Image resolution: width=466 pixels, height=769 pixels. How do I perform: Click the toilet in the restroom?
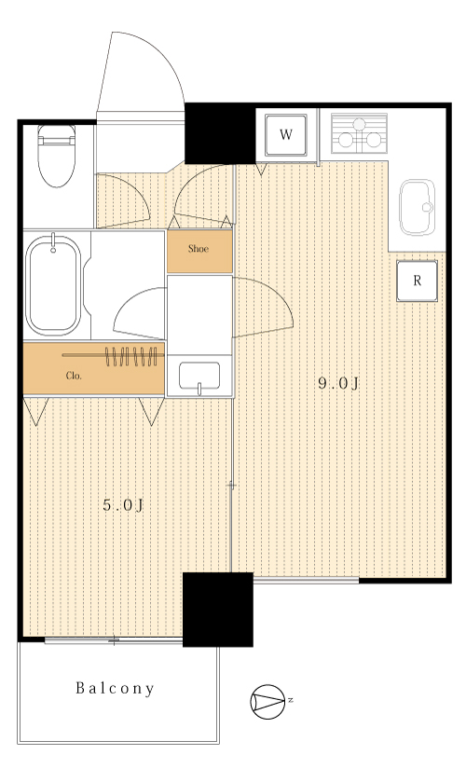tap(57, 156)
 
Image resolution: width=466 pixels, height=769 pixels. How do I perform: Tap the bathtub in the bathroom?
tap(53, 285)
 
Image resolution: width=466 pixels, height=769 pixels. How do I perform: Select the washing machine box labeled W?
tap(286, 135)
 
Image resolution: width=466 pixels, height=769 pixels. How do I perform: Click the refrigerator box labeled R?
tap(417, 281)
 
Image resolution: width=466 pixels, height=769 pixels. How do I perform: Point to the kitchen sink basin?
tap(417, 207)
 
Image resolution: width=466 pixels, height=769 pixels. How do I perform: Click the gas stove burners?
tap(359, 133)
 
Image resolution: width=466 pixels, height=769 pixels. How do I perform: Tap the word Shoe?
tap(199, 249)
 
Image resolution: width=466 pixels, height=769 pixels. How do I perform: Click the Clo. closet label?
tap(74, 377)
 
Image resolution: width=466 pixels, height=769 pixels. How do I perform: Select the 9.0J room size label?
tap(338, 383)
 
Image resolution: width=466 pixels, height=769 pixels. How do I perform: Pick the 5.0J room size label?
tap(123, 504)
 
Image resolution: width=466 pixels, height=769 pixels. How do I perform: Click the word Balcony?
tap(116, 689)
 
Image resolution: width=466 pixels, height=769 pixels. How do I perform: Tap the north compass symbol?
tap(267, 702)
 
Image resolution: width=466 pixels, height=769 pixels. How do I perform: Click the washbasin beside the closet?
tap(199, 377)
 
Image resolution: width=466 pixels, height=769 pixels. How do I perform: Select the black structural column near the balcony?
tap(218, 610)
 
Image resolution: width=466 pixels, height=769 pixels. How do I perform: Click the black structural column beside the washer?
tap(220, 133)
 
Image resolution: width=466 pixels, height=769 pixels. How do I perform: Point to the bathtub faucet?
tap(53, 244)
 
